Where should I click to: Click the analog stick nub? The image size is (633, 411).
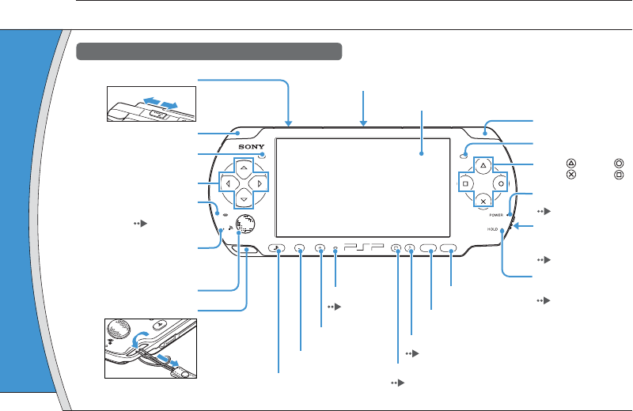tap(246, 224)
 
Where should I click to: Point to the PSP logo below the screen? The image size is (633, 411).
tap(365, 247)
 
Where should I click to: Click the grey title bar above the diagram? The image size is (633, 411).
tap(209, 52)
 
